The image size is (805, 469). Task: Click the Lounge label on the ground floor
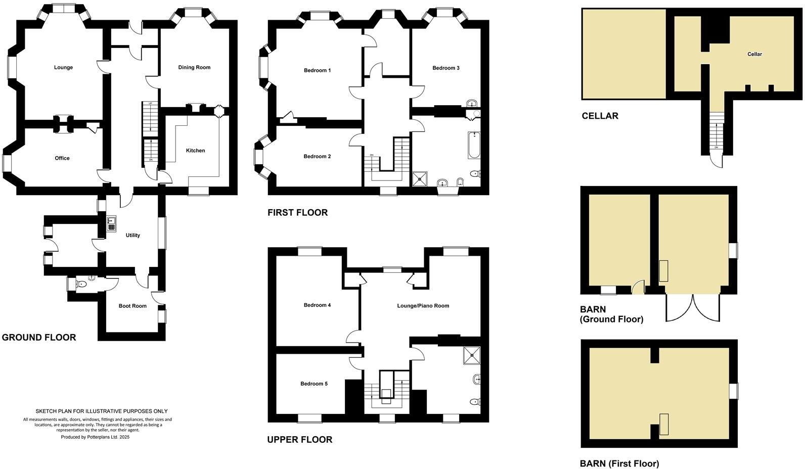[63, 67]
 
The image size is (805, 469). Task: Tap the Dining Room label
[194, 67]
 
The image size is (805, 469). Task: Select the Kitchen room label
[195, 151]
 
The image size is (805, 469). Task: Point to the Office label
[62, 158]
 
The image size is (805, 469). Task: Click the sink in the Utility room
[111, 223]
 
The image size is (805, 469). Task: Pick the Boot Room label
[132, 306]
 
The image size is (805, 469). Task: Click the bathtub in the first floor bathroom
[474, 145]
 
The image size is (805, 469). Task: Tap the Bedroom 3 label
[445, 68]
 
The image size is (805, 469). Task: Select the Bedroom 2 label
[317, 156]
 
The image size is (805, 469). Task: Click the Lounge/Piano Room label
[423, 306]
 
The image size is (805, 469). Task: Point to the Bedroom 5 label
[314, 384]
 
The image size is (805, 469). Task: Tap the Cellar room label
[754, 54]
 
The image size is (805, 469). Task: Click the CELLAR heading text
[600, 116]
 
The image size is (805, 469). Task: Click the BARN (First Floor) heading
[619, 463]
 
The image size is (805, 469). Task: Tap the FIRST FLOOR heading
[297, 213]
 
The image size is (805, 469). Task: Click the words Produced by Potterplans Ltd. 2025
[95, 437]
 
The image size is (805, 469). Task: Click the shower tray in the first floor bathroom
[419, 177]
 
